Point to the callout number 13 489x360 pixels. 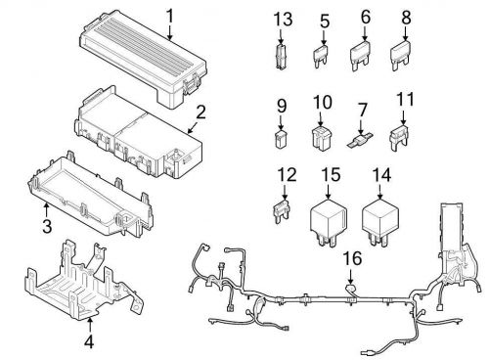284,20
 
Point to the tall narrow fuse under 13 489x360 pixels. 283,55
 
